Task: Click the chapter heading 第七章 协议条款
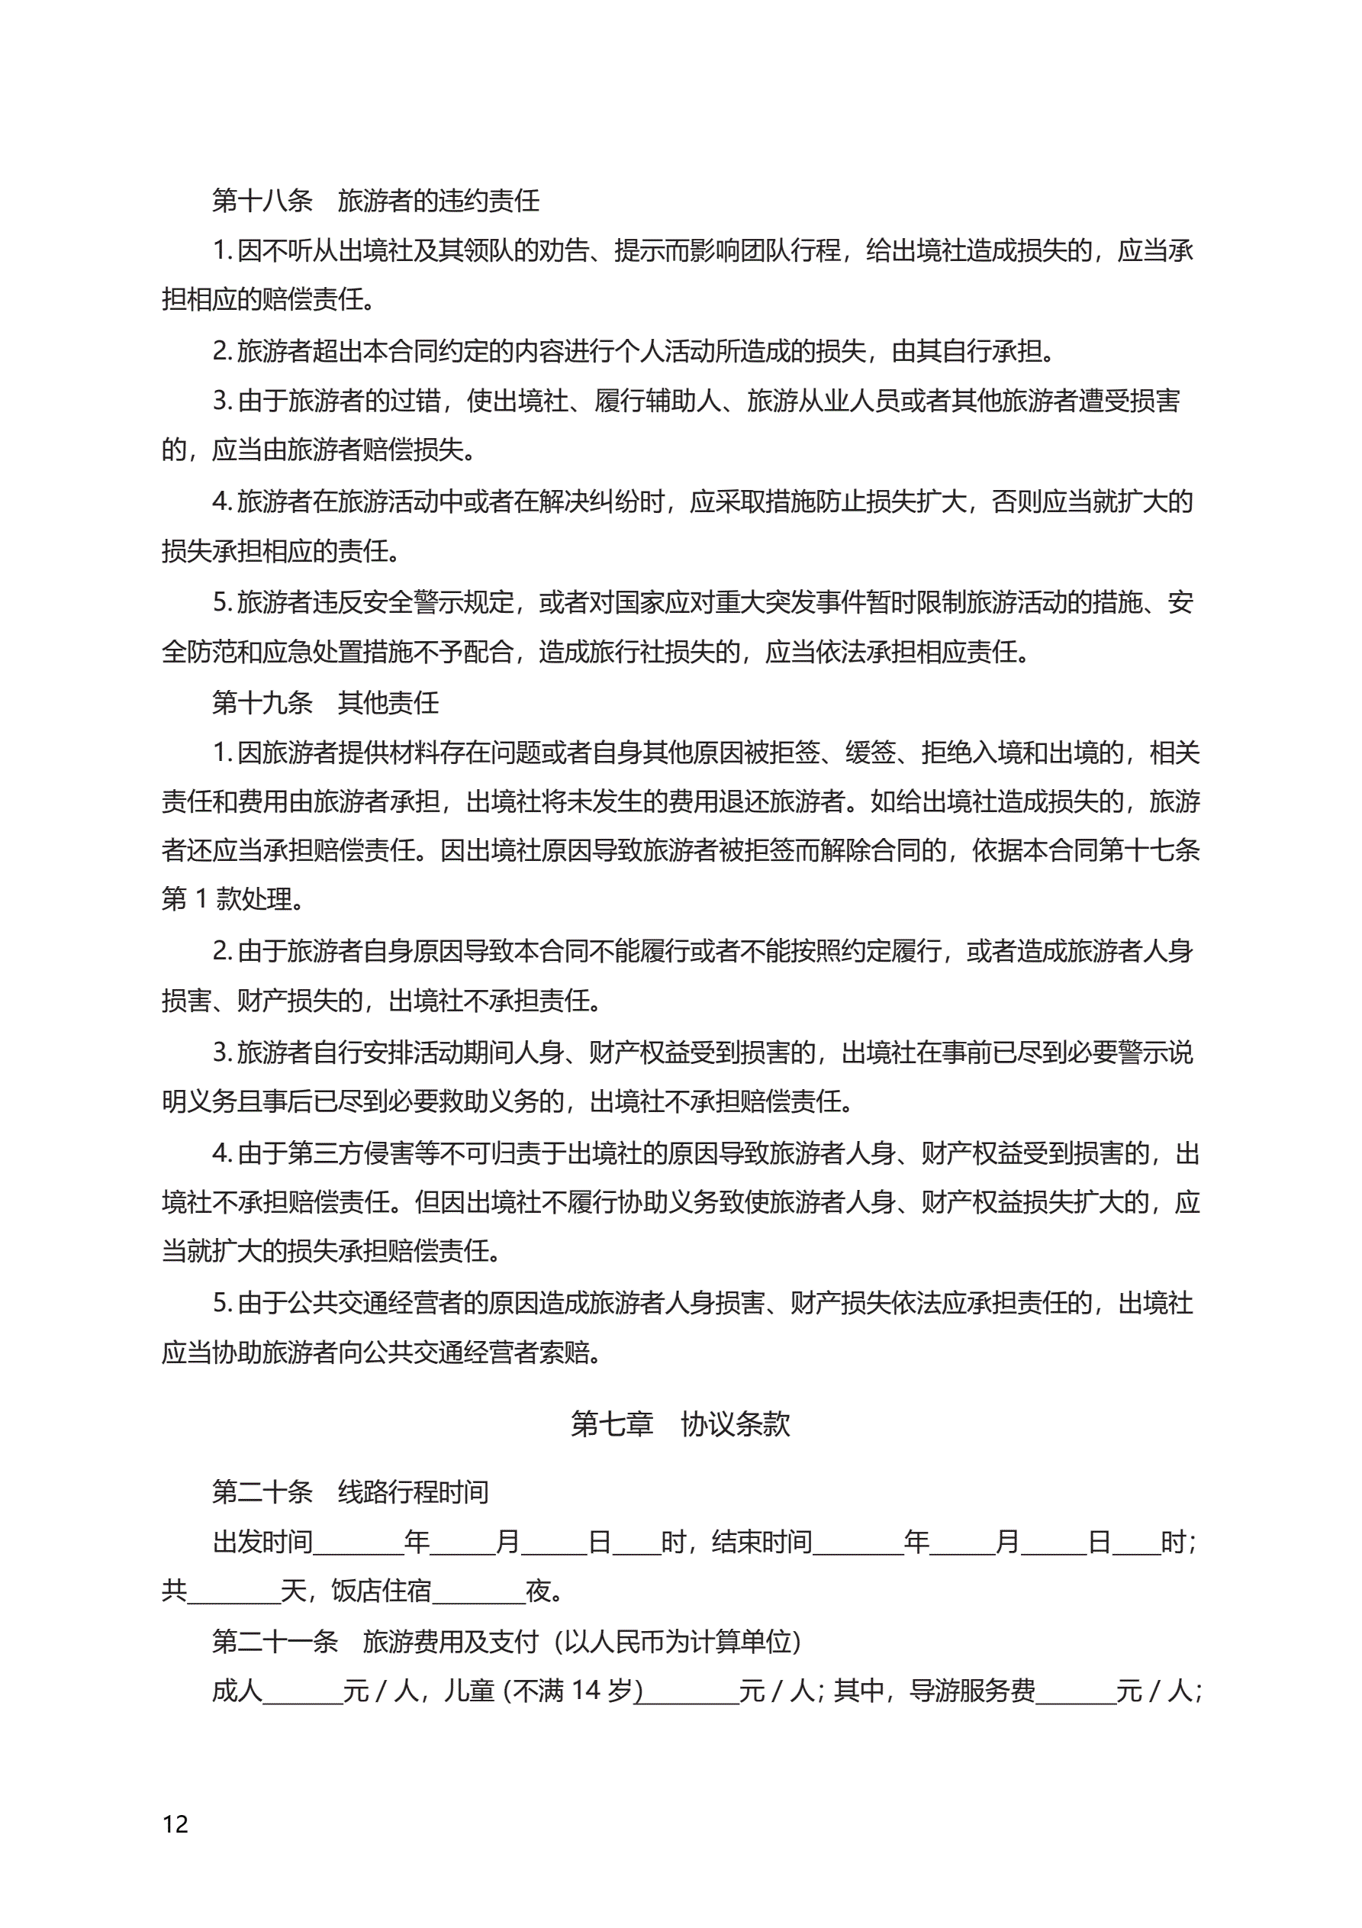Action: [x=680, y=1423]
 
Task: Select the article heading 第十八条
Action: [x=262, y=201]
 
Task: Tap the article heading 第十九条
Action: [x=262, y=702]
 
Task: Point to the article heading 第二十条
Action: [x=262, y=1491]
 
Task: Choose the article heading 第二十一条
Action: [x=275, y=1641]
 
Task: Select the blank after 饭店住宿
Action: [x=478, y=1592]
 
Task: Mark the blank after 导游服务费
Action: [x=1076, y=1691]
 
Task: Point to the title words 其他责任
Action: [x=388, y=702]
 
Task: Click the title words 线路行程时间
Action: [x=413, y=1491]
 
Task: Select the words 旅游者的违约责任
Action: [x=438, y=201]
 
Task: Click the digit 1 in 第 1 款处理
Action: [x=201, y=899]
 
